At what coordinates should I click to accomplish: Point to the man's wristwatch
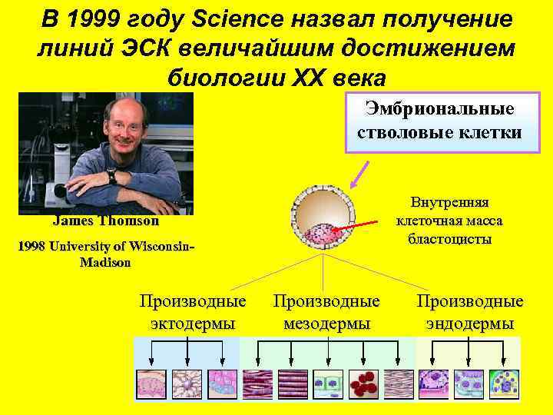click(x=112, y=176)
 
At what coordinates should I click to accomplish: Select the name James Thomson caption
click(x=106, y=221)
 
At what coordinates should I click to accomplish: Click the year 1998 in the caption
click(x=31, y=247)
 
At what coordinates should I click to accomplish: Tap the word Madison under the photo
click(x=105, y=262)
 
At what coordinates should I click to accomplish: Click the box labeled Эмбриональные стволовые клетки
click(x=439, y=121)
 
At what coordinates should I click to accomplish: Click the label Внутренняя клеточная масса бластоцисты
click(x=449, y=221)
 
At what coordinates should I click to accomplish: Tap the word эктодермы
click(x=193, y=324)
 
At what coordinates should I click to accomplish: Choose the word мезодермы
click(x=327, y=324)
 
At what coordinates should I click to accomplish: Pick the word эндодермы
click(x=469, y=324)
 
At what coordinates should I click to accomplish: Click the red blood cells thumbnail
click(x=363, y=383)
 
